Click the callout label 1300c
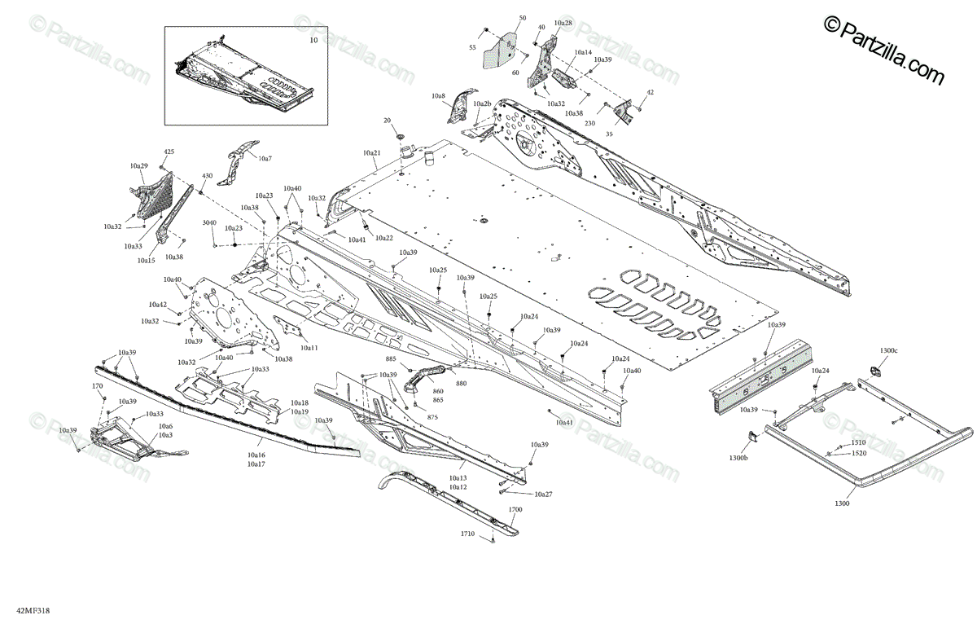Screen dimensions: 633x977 [x=888, y=350]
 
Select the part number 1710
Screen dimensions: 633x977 [x=467, y=534]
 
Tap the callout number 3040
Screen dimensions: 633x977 [x=209, y=222]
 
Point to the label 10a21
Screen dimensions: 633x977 [x=371, y=152]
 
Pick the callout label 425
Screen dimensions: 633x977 [x=169, y=152]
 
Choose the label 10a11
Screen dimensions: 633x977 [x=309, y=348]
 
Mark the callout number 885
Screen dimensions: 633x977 [x=391, y=358]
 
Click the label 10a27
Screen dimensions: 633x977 [x=543, y=495]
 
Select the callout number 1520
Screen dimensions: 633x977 [x=859, y=453]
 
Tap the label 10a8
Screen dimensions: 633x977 [x=439, y=96]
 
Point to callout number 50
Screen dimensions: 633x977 [x=523, y=18]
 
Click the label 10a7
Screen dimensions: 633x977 [x=265, y=157]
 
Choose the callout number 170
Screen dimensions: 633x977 [x=97, y=386]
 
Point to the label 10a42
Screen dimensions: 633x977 [x=157, y=305]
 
